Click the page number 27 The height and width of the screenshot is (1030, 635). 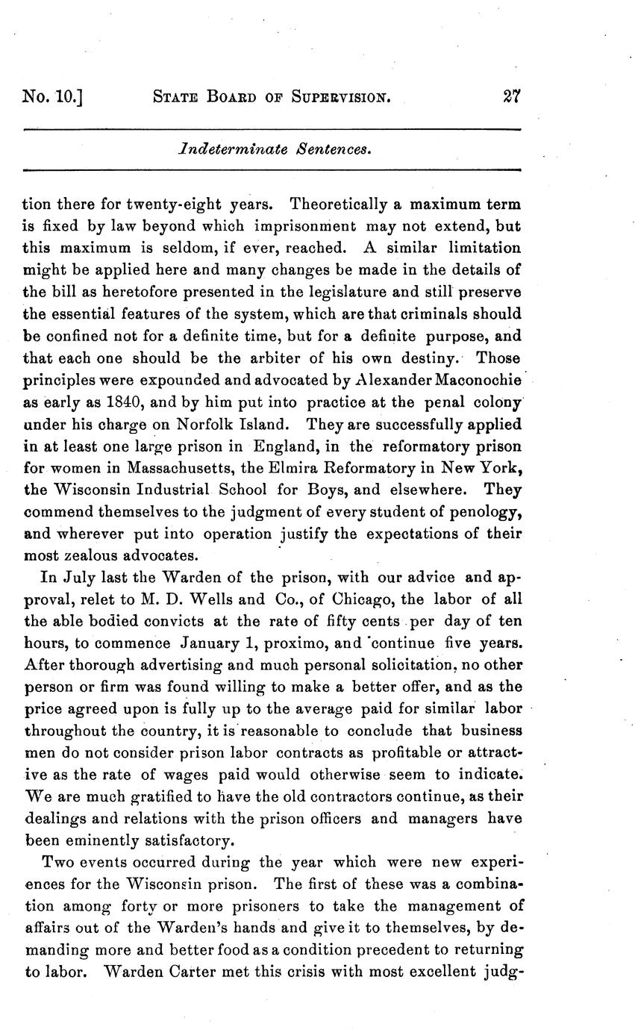click(511, 96)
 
